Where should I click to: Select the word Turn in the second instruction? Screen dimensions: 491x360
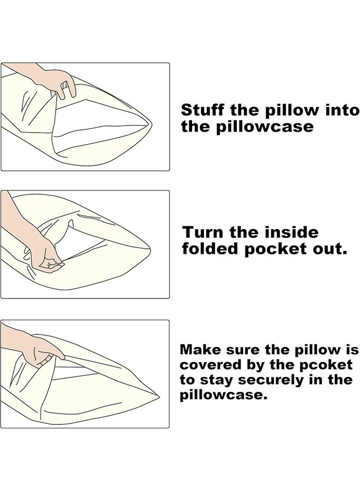203,232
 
